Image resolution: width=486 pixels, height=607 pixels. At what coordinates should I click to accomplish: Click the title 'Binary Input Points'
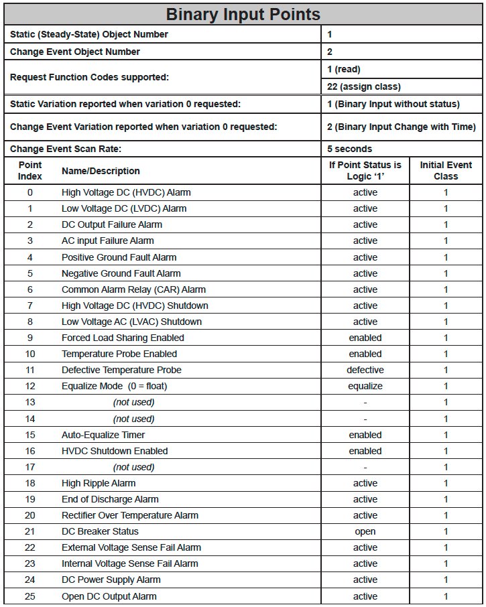tap(243, 14)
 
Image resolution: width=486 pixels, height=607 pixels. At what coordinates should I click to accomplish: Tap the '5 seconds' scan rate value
tap(349, 149)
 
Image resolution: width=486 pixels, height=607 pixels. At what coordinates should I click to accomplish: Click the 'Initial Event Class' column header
tap(446, 171)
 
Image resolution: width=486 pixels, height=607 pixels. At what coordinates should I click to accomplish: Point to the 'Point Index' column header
tap(30, 171)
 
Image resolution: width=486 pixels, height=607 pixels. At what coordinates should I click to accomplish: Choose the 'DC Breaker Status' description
tap(100, 531)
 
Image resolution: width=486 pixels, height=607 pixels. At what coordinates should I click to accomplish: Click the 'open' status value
tap(365, 531)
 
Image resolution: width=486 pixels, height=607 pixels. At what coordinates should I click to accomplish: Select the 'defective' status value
tap(365, 370)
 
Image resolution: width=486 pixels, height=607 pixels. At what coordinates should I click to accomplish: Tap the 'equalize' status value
tap(365, 386)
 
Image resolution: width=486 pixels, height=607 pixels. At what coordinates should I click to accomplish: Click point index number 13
tap(29, 402)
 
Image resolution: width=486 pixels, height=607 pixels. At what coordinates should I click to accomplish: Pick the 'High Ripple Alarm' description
tap(99, 483)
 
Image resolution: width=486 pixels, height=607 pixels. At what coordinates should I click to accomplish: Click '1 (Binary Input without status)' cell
tap(393, 104)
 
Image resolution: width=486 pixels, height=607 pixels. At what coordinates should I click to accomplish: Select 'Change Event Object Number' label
tap(75, 52)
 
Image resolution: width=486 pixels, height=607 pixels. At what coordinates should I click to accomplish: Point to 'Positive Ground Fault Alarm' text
tap(119, 257)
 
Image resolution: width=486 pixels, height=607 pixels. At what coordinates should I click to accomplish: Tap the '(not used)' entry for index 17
tap(133, 467)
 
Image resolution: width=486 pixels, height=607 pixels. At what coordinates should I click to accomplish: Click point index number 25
tap(29, 596)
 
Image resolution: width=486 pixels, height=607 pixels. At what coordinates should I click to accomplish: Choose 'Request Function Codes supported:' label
tap(89, 78)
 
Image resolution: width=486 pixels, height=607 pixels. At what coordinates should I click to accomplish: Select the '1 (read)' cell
tap(343, 69)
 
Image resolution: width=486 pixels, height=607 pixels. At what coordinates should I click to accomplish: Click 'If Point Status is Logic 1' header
tap(365, 171)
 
